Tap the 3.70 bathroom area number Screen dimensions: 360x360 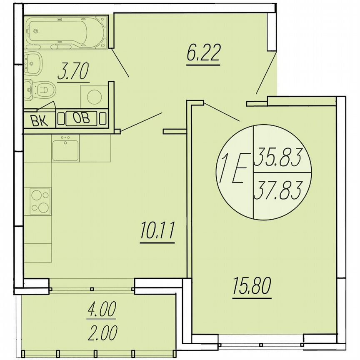pos(73,74)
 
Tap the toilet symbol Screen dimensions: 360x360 pos(40,89)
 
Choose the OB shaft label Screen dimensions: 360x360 pos(82,118)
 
